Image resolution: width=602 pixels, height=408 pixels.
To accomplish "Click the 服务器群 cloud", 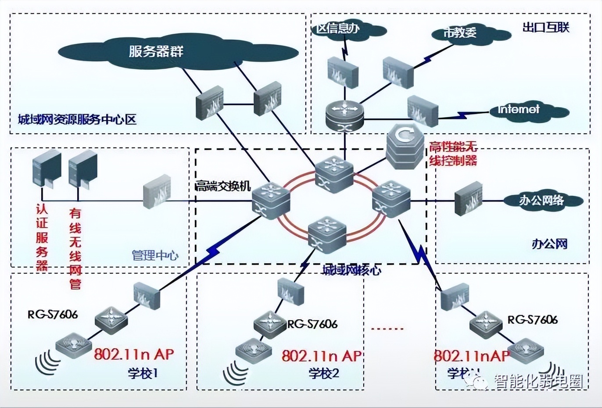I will [156, 52].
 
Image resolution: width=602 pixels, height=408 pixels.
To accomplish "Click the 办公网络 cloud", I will [541, 200].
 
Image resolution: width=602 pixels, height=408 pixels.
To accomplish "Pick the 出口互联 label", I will [546, 27].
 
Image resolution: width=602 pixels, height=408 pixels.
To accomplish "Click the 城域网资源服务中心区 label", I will [77, 119].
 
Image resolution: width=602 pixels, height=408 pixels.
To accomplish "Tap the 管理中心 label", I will [155, 255].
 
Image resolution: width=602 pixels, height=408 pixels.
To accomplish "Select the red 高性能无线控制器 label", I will [453, 154].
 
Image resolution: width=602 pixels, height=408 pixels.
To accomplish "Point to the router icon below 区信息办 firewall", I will [345, 115].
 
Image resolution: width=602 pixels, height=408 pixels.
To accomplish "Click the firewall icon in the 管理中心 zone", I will [157, 191].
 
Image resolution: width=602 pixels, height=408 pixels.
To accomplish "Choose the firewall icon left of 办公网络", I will [469, 201].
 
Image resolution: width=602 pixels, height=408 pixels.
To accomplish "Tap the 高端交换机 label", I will [223, 186].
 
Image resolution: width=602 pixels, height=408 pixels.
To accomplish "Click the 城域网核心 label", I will [351, 270].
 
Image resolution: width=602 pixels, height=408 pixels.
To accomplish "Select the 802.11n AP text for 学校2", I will [322, 355].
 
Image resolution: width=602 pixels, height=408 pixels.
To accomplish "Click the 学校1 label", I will [143, 373].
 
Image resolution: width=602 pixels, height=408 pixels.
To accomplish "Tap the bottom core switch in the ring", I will [327, 235].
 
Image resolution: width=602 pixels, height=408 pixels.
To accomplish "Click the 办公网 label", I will [549, 243].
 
